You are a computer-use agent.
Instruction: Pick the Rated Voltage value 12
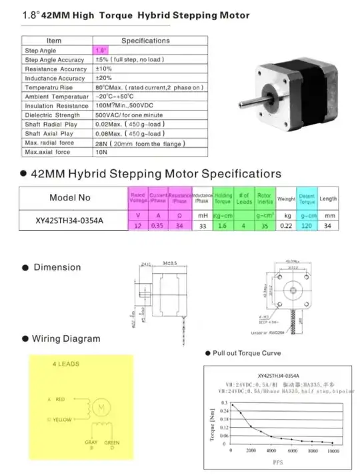[137, 227]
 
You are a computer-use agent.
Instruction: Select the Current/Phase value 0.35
[158, 227]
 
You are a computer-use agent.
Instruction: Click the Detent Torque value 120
[306, 227]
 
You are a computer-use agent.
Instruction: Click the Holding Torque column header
[223, 197]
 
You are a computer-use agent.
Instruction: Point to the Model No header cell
[69, 198]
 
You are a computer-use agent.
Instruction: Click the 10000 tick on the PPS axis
[331, 450]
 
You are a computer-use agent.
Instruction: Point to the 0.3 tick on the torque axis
[224, 404]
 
